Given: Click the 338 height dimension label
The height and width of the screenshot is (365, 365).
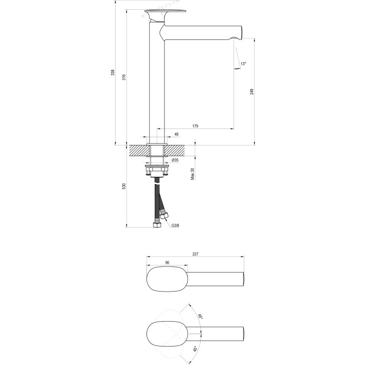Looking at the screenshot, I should [112, 73].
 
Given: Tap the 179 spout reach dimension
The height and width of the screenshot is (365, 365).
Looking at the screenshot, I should [195, 126].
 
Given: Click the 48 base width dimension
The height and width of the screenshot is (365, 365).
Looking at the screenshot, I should [176, 134].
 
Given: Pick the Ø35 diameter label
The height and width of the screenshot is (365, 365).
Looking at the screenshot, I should [175, 160].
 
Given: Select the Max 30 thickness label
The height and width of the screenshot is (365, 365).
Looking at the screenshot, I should [193, 174].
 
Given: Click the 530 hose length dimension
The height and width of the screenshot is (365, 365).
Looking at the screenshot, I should [124, 186].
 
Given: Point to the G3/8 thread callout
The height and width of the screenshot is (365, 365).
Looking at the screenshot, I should [176, 225].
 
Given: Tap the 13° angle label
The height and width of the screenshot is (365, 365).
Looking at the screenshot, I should [243, 64].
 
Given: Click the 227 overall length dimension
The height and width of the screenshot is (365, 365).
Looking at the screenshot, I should [195, 253].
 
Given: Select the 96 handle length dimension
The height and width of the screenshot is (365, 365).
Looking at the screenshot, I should [166, 263].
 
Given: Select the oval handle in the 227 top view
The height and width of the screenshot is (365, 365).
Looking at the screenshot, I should [167, 279].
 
